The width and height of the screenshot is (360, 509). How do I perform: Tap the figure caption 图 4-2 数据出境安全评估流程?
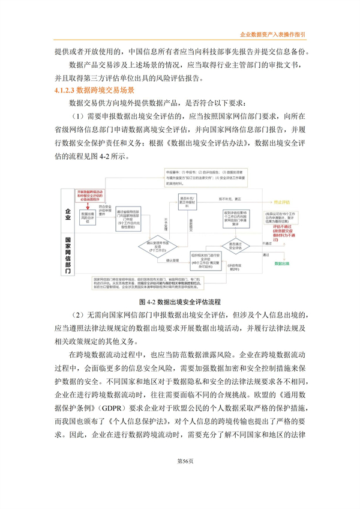coord(180,300)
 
